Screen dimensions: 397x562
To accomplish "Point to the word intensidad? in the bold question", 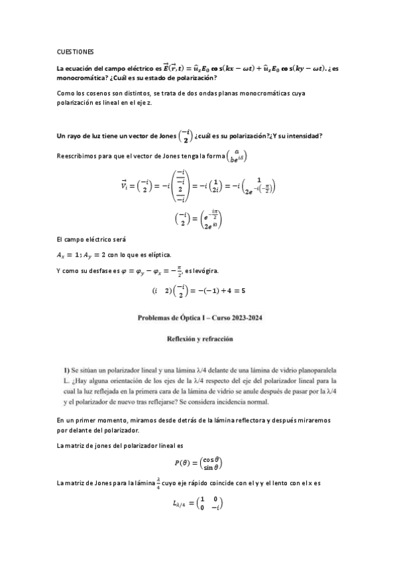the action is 301,137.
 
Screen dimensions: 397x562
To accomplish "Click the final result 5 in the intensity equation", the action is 243,290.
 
